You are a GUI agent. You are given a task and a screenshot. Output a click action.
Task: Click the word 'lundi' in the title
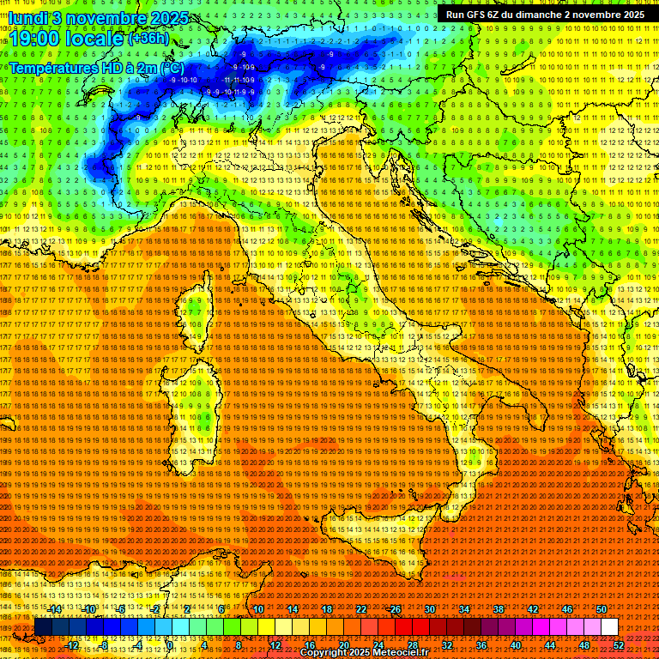click(28, 17)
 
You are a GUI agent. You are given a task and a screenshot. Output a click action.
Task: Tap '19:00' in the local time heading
click(32, 39)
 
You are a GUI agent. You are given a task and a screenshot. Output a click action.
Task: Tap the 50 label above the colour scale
click(602, 609)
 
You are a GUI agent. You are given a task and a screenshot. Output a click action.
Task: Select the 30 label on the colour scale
click(430, 609)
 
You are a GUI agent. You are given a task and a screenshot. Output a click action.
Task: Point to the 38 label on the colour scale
click(499, 609)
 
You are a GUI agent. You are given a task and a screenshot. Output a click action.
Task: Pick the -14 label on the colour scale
click(54, 609)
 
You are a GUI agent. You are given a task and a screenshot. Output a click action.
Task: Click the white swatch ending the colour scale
click(609, 626)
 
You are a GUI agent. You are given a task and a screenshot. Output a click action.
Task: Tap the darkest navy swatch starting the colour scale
click(43, 626)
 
